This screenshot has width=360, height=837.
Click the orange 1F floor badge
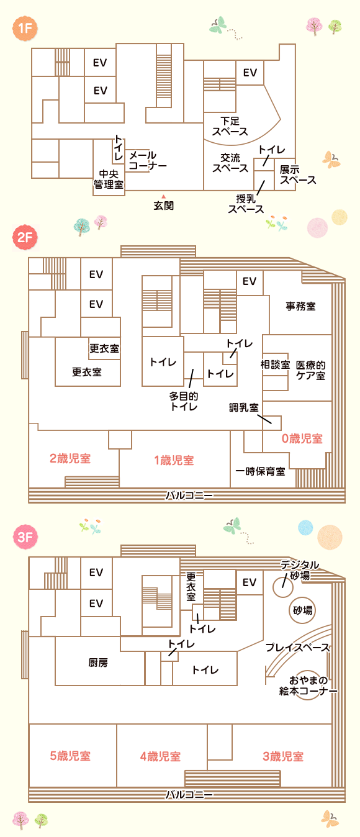[25, 28]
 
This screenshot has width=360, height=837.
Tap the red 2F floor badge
[25, 237]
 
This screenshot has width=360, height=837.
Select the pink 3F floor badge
[25, 537]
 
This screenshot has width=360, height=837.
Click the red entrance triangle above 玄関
[163, 196]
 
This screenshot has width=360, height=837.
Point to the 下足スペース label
[230, 126]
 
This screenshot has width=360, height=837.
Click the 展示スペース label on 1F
[298, 175]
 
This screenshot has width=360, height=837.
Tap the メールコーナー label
[148, 160]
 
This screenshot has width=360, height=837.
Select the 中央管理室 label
[109, 179]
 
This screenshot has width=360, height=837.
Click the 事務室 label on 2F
[300, 306]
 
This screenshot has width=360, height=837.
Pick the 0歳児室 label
[302, 438]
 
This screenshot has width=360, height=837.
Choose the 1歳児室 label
[174, 460]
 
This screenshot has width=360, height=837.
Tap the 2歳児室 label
[70, 458]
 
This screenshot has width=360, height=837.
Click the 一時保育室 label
[260, 471]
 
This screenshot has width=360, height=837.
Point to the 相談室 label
[275, 364]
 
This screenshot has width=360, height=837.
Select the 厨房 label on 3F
[98, 663]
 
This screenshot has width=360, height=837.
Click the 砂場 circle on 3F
[302, 610]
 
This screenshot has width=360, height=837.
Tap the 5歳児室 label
[70, 756]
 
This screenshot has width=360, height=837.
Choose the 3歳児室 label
[283, 756]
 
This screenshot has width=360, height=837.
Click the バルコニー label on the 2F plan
[189, 495]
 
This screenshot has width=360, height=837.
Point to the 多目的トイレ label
[184, 401]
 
